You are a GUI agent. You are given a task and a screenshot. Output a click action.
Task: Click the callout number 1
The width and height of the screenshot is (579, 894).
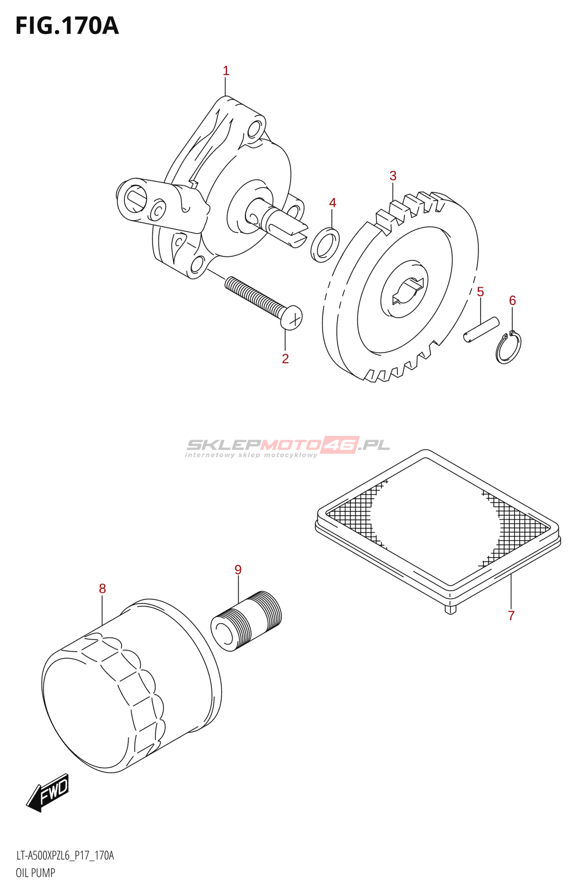point(226,71)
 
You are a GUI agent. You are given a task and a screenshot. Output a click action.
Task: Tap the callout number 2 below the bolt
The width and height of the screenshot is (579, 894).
point(285,359)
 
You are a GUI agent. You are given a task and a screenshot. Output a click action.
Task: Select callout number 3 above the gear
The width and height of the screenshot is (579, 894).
point(393,176)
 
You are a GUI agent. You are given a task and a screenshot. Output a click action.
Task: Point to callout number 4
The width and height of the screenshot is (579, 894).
point(333,203)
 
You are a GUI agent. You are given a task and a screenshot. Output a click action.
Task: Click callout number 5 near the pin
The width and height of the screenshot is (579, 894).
point(480,292)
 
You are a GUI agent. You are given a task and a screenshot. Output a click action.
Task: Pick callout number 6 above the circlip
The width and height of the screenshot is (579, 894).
point(512,301)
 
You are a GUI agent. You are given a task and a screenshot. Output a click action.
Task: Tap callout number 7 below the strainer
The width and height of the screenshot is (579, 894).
point(511,616)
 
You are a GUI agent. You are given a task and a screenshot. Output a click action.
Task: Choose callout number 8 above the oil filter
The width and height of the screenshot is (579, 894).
point(102,588)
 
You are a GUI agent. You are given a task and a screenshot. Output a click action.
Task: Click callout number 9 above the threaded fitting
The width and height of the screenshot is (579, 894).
point(238,570)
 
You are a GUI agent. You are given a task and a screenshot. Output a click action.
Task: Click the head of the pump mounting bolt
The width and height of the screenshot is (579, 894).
point(291,318)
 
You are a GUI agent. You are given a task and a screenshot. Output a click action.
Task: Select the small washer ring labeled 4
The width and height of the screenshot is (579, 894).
point(325,245)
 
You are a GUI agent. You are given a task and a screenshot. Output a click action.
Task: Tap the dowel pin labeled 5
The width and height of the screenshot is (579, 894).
point(481,329)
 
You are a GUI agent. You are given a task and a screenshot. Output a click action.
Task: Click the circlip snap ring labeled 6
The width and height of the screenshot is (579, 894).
point(509,349)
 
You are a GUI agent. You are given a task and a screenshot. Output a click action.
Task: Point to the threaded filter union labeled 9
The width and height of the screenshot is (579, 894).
point(246,620)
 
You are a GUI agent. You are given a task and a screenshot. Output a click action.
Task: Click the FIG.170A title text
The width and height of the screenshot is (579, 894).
point(67,26)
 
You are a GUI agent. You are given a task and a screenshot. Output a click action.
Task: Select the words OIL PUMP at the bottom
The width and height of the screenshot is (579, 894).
point(35,873)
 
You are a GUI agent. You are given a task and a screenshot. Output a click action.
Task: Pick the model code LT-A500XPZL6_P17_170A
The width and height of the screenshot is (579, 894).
point(65,855)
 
